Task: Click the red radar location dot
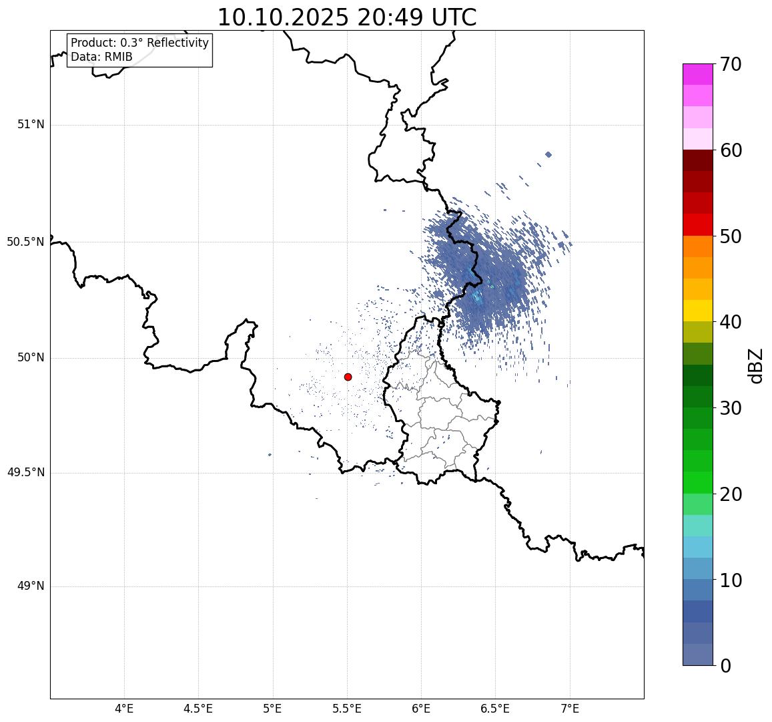point(348,377)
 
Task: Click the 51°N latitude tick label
point(31,124)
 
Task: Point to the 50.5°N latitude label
point(25,242)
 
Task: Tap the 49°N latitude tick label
point(31,586)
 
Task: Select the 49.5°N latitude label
point(25,473)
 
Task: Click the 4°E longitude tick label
point(124,709)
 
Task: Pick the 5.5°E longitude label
point(347,709)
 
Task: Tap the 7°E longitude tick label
point(570,709)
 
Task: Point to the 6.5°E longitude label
point(495,709)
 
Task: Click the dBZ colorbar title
point(756,365)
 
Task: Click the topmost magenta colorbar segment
point(697,74)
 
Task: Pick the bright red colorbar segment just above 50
point(697,224)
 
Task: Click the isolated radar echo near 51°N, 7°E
point(548,154)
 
